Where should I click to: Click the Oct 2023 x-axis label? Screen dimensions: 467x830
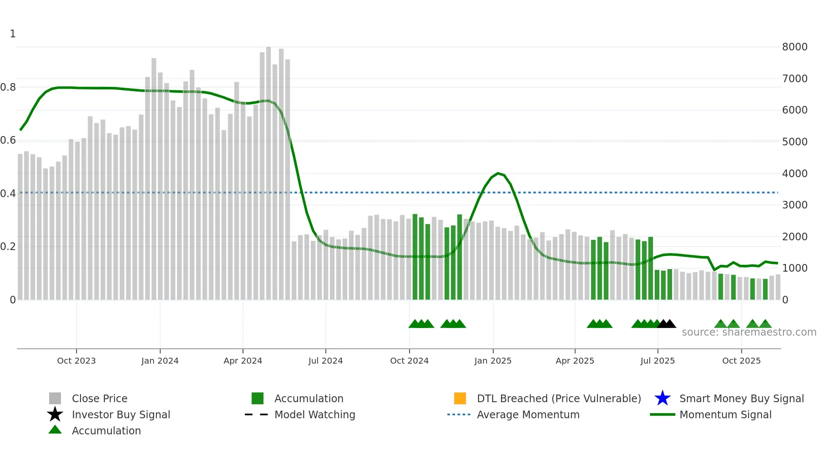76,361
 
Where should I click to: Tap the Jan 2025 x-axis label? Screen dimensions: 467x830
493,361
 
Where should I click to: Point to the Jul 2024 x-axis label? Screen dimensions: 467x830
325,361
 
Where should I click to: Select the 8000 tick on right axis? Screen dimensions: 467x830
795,47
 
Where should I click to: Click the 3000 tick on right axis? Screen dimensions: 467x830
795,205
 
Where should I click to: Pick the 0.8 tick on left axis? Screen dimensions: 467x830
8,87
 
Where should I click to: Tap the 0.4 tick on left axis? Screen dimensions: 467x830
8,194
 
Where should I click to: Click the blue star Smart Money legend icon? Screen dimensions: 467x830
662,398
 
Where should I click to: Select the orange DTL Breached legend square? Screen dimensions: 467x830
460,398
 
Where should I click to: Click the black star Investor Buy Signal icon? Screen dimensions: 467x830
55,414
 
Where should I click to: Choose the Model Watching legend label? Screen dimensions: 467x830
315,414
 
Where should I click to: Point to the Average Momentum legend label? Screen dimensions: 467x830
528,414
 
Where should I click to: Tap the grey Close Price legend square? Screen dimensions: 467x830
55,398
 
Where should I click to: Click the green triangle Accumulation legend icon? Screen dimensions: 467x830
55,430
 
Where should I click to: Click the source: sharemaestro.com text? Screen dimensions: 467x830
749,332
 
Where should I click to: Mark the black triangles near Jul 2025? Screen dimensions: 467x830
667,324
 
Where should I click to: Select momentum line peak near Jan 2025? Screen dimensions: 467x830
498,173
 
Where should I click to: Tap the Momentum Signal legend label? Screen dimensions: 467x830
725,414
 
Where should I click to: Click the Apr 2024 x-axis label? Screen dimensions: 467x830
243,361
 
